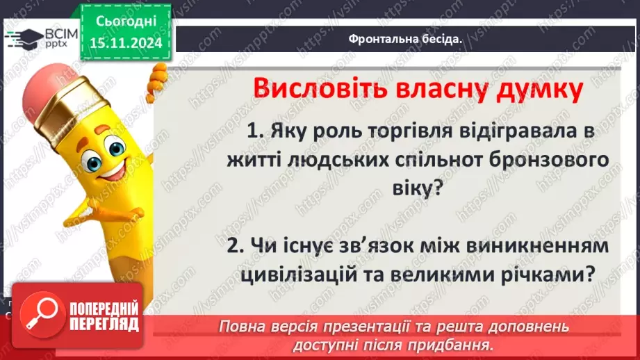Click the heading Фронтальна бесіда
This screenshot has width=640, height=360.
click(x=406, y=39)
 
